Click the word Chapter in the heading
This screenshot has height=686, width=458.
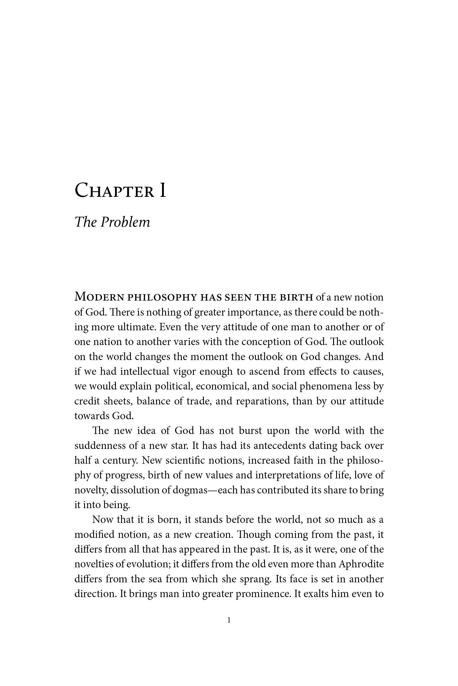114,191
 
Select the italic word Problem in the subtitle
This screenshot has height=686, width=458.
125,222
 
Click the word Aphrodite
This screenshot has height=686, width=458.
361,564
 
